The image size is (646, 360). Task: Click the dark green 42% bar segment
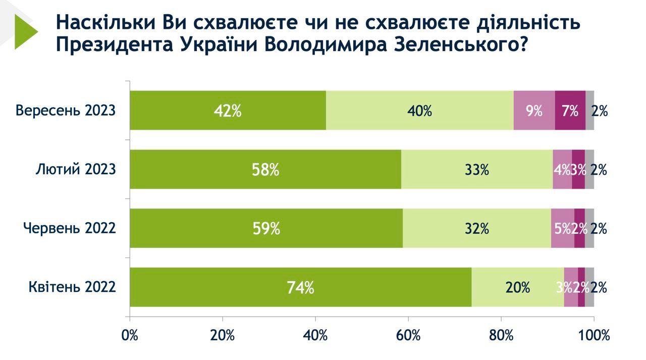(x=228, y=111)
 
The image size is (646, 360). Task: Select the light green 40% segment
(x=419, y=111)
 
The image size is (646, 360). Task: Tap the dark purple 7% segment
(x=570, y=111)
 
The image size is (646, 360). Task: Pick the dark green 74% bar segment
(x=300, y=287)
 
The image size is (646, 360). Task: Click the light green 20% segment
(x=517, y=287)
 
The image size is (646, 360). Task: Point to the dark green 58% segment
(x=265, y=170)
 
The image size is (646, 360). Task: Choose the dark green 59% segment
(x=266, y=228)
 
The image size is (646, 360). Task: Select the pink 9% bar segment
(x=534, y=111)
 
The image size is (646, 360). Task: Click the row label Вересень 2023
(x=66, y=111)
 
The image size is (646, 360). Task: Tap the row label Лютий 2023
(x=76, y=170)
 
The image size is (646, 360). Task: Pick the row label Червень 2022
(x=70, y=228)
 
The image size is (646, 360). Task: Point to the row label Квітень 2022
(x=72, y=287)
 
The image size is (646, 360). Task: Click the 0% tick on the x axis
(x=130, y=335)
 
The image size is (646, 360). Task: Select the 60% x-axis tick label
(x=408, y=335)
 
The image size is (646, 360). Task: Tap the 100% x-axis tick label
(x=594, y=335)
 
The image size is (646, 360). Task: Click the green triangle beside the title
(x=25, y=32)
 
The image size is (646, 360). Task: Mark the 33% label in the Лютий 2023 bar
(x=477, y=170)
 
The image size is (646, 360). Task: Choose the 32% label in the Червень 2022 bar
(x=477, y=228)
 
